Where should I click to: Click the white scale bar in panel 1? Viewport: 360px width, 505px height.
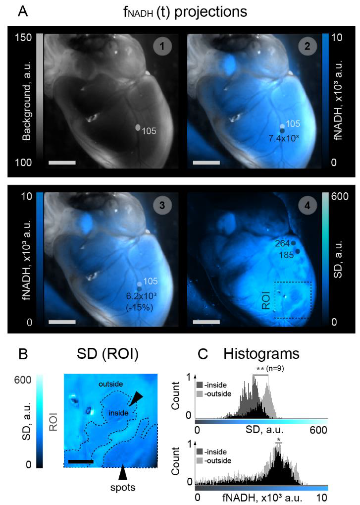tap(62, 162)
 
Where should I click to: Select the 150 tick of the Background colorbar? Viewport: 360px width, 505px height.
tap(23, 37)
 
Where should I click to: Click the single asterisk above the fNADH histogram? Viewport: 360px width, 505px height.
tap(279, 440)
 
